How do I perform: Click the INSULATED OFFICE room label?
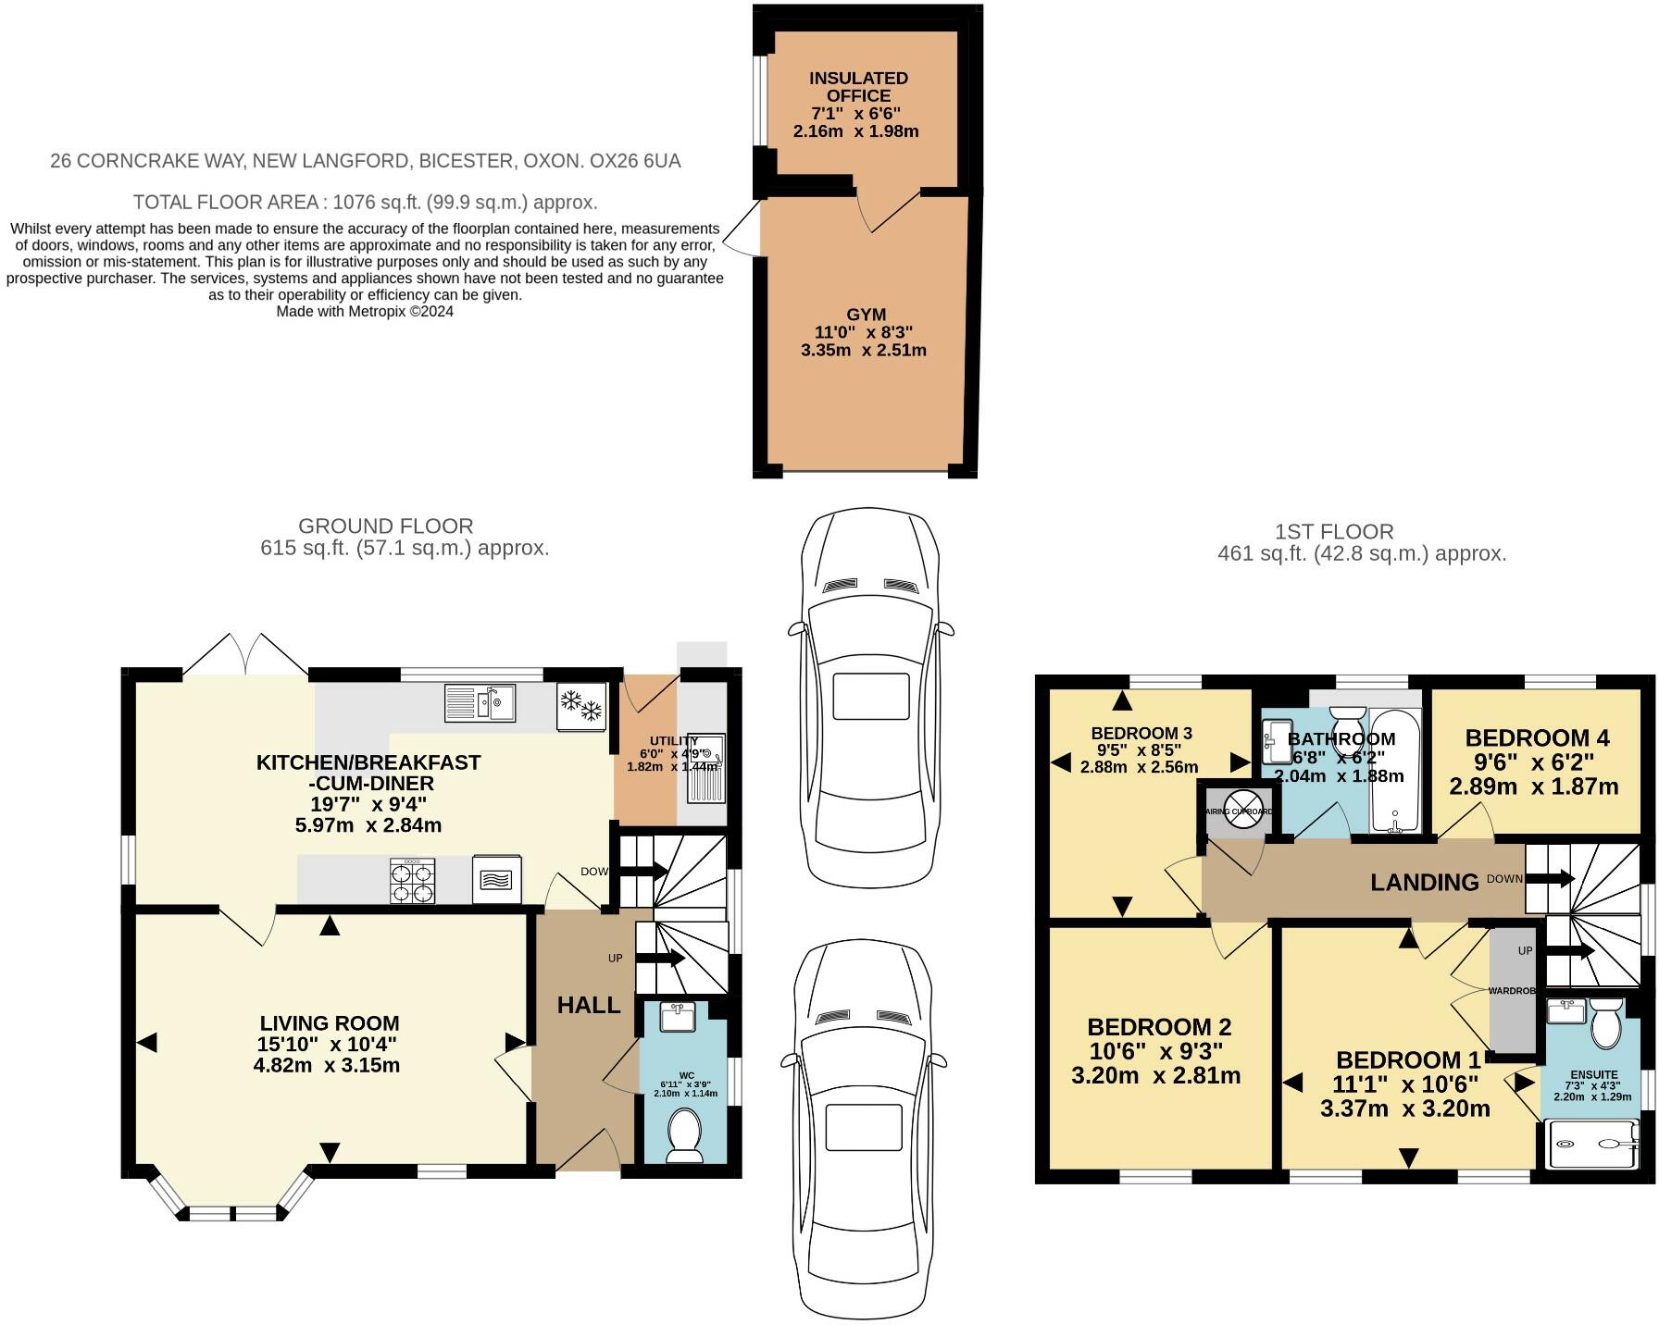coord(858,87)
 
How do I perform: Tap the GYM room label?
coord(866,315)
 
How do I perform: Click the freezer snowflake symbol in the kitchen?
coord(581,708)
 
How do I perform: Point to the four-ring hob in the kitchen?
coord(413,880)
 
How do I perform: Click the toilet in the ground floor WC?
coord(684,1135)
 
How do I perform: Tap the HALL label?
coord(588,1005)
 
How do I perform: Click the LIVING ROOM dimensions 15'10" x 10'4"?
coord(328,1045)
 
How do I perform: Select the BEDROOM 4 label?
coord(1537,738)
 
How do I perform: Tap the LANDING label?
coord(1424,883)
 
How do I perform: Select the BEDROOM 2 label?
coord(1158,1027)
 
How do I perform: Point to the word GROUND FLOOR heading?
coord(386,526)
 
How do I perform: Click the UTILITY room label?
coord(673,741)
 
